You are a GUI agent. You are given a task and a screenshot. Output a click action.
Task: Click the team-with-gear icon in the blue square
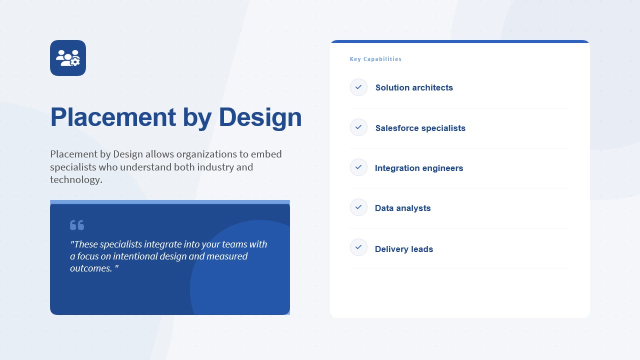click(x=68, y=58)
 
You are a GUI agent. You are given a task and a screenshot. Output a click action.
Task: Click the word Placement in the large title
click(x=113, y=117)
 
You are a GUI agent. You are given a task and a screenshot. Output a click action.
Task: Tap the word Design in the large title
click(x=260, y=117)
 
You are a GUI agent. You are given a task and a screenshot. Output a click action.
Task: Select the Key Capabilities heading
click(x=375, y=59)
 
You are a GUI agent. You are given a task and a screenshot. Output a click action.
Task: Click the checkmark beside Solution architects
click(x=358, y=87)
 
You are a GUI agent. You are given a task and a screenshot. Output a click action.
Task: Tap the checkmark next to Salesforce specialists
click(x=358, y=127)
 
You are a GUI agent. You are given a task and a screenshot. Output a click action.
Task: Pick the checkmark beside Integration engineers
click(x=358, y=167)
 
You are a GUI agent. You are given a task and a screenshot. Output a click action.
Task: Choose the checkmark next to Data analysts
click(x=358, y=207)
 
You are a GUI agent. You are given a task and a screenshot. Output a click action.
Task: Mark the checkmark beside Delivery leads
click(x=358, y=247)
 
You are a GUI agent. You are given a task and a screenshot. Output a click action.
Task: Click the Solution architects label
click(x=414, y=87)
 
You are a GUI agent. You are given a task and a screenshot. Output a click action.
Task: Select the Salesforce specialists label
click(x=420, y=128)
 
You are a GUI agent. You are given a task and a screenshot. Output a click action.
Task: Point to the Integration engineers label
click(x=419, y=168)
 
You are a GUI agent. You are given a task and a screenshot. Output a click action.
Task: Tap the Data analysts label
click(x=402, y=208)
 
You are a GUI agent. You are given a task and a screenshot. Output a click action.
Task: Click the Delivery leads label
click(x=403, y=249)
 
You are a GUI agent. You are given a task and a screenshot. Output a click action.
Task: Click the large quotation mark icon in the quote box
click(x=77, y=225)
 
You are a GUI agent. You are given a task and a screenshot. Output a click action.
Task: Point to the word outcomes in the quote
click(x=91, y=268)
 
